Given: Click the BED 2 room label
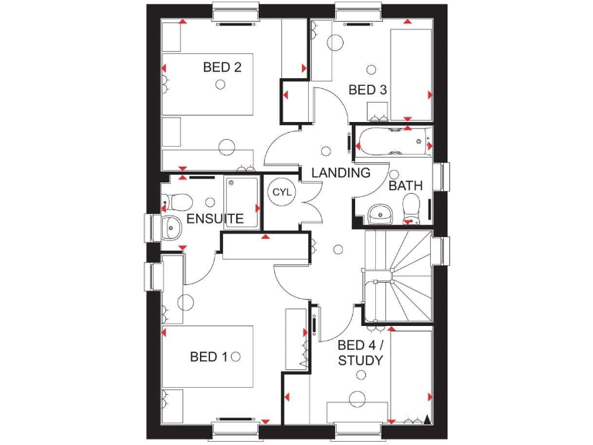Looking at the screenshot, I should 222,67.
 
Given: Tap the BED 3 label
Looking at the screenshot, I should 367,90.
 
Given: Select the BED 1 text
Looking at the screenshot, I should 208,356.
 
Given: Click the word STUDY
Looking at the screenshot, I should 360,361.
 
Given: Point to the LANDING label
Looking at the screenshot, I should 341,173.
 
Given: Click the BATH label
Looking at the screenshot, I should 405,186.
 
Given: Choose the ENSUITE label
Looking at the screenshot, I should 215,219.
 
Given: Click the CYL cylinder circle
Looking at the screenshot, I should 280,192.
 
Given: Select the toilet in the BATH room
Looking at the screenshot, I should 411,206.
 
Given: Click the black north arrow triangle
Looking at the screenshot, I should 426,420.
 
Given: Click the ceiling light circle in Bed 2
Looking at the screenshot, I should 221,84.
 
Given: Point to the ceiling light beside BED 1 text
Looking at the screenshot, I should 236,356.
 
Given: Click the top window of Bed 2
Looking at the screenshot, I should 233,12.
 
